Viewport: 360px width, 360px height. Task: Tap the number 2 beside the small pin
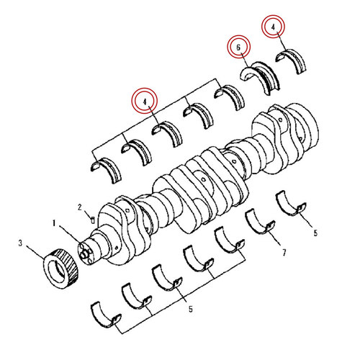81,207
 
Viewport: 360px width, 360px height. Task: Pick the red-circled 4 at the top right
274,27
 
